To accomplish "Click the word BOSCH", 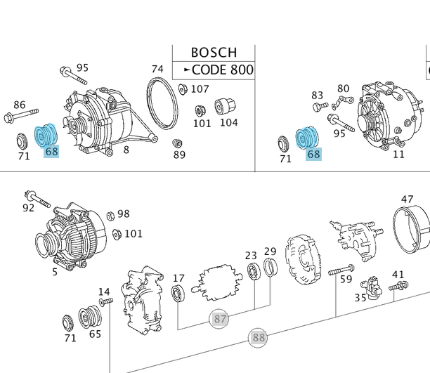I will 214,53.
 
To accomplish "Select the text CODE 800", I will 222,70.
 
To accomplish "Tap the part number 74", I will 157,69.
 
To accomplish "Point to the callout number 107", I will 200,89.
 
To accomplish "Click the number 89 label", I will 179,155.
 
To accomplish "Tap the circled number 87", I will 220,320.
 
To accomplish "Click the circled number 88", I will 259,338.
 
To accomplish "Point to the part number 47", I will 408,199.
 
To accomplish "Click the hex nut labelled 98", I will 111,215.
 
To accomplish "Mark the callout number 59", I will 346,280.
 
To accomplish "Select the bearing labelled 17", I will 178,293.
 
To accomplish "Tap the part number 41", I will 398,274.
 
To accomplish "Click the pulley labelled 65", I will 90,317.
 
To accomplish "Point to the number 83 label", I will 318,95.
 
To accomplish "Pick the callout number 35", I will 360,298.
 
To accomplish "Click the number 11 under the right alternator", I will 398,155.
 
